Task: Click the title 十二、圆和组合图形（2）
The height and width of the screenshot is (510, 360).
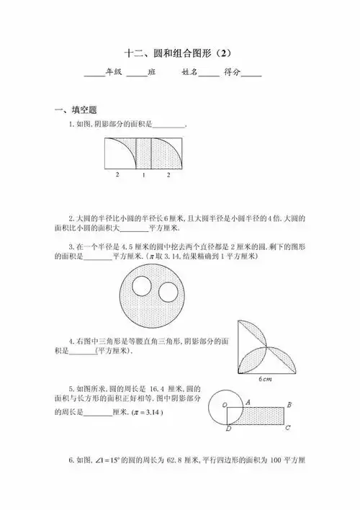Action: click(180, 53)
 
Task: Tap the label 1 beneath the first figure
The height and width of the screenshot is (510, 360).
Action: click(144, 175)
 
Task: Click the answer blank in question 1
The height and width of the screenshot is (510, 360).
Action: click(169, 125)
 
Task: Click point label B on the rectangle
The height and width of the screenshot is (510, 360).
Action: click(288, 405)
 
